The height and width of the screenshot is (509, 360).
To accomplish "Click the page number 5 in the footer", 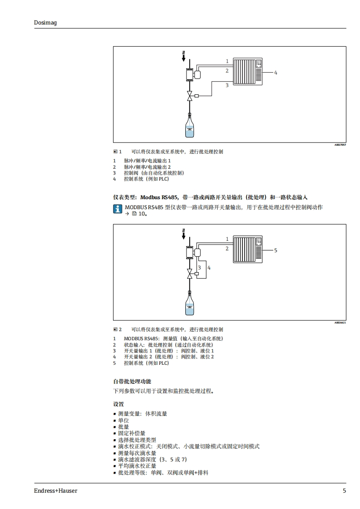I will click(344, 490).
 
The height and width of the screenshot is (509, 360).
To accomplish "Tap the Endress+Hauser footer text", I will click(55, 490).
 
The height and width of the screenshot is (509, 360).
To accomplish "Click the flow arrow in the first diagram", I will click(183, 56).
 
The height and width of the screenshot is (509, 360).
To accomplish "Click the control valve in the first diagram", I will click(190, 96).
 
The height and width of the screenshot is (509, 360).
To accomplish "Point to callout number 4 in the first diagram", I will click(275, 73).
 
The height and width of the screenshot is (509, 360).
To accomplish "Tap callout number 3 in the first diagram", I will click(227, 85).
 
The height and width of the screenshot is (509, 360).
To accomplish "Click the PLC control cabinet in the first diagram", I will click(248, 72).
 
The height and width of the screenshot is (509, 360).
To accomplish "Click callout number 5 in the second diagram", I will click(275, 250).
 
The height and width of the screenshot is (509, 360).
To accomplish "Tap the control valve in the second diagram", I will click(190, 274).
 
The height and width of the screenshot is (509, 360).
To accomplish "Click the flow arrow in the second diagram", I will click(183, 234).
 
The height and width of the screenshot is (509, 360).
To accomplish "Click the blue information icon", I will click(118, 209).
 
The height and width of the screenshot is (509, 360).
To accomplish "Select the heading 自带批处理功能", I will click(132, 382).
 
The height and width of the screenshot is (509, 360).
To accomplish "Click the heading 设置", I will click(118, 404).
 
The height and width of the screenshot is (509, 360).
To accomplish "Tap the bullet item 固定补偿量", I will click(132, 433).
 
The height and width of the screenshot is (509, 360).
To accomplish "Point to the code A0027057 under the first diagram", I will click(340, 145).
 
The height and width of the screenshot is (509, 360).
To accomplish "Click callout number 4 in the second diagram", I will click(209, 268).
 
